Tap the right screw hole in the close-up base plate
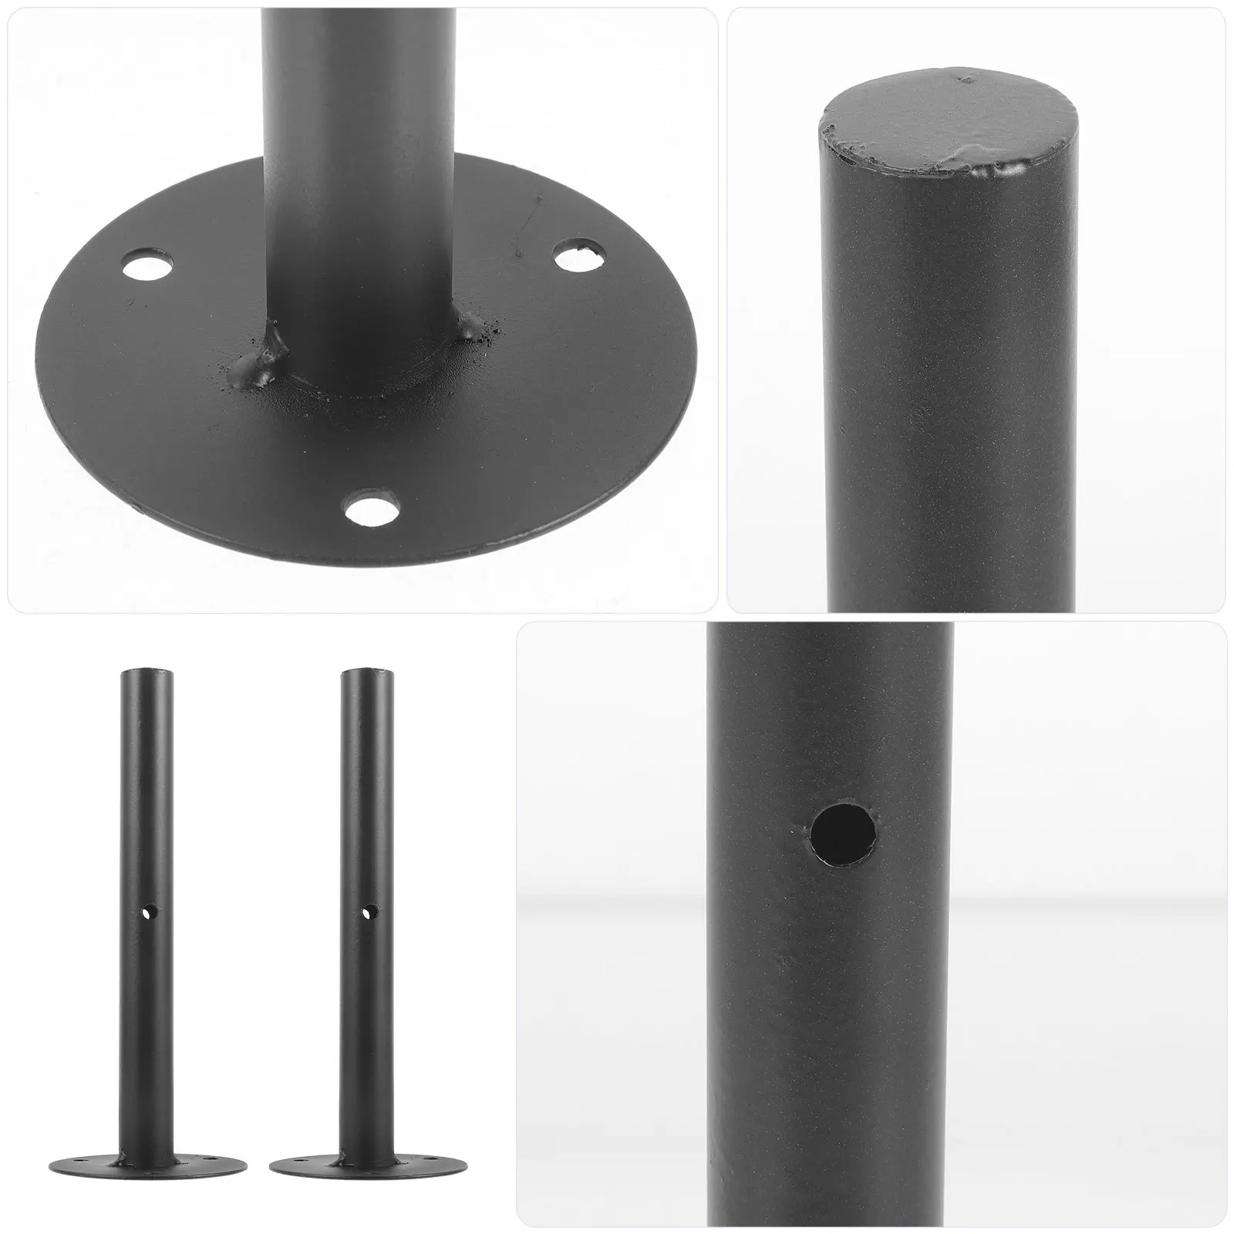(x=579, y=258)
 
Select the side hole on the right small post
(x=369, y=912)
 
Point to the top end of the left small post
(x=147, y=672)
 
